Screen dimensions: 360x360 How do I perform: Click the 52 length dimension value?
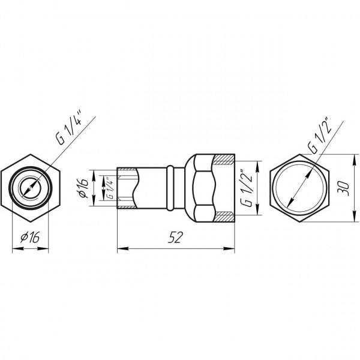(x=175, y=237)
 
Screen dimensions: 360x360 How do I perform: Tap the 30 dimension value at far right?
(x=343, y=188)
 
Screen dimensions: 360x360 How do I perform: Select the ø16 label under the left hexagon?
(x=30, y=237)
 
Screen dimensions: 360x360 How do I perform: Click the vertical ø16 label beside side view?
(x=83, y=188)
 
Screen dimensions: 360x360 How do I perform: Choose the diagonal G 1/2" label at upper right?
(x=320, y=136)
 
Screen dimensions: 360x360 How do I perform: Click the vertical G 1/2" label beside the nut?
(x=247, y=188)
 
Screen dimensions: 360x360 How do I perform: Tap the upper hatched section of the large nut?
(x=224, y=160)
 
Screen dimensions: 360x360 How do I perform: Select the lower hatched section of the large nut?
(x=225, y=217)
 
